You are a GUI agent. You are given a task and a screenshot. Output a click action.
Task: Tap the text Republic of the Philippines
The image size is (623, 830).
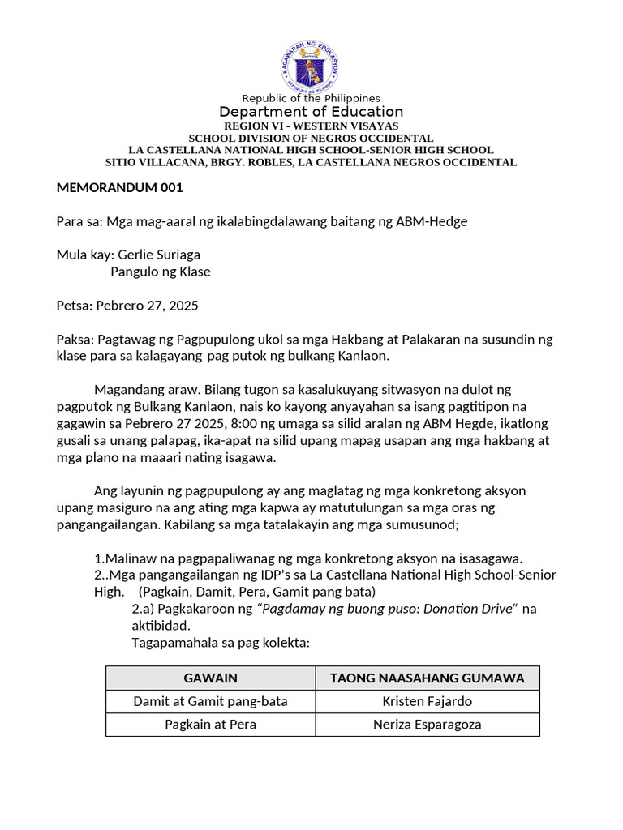[311, 98]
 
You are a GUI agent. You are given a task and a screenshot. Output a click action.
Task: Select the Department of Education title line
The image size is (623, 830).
[311, 112]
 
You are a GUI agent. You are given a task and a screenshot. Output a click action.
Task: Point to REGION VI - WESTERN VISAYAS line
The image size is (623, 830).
[311, 126]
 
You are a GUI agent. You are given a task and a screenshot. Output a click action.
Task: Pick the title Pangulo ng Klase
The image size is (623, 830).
[161, 272]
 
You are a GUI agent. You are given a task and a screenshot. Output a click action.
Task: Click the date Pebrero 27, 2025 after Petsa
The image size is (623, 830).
[147, 306]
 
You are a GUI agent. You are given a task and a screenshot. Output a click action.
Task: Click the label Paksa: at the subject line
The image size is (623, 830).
[75, 339]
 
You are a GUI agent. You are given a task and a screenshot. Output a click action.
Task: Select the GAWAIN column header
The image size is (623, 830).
[211, 678]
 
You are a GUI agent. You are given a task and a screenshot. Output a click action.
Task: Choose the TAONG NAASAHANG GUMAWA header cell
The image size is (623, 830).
[428, 678]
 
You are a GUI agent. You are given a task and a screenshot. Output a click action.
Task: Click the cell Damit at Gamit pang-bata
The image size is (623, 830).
[211, 701]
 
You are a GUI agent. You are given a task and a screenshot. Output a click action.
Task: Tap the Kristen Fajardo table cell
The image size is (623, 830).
[428, 701]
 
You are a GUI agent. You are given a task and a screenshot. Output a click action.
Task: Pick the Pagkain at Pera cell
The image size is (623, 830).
[211, 724]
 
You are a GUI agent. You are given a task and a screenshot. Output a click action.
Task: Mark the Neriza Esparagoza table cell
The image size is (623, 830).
[428, 724]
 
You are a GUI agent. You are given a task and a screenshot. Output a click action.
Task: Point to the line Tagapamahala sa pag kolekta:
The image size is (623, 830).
[221, 643]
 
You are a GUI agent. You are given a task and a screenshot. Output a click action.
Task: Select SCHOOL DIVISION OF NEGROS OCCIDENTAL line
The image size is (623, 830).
[311, 139]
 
